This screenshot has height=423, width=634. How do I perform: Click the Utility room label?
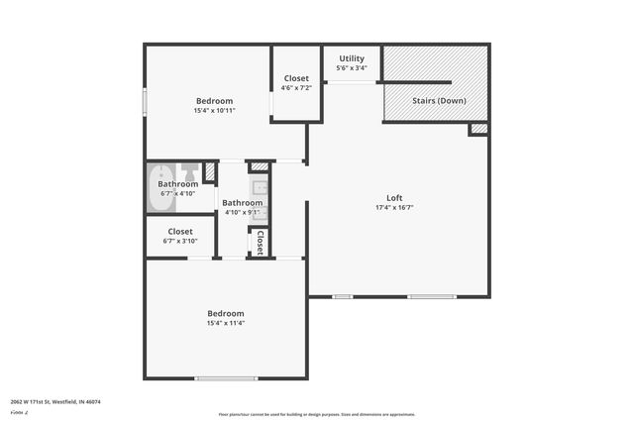pos(352,58)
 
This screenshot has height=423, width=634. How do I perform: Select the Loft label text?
pos(393,196)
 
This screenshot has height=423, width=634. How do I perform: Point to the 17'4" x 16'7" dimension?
pos(393,208)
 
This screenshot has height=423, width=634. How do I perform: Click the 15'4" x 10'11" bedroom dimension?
pos(213,112)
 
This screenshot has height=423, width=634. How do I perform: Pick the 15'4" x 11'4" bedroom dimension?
pos(225,323)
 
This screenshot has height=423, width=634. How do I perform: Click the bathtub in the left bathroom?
pos(163,185)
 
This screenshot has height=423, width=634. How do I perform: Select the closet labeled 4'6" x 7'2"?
pos(296,83)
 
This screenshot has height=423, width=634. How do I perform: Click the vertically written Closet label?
pos(260,243)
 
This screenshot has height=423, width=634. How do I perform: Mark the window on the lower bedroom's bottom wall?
pos(226,378)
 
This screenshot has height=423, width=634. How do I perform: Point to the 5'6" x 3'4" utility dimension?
pos(352,68)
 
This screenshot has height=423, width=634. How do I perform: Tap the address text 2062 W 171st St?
pos(55,402)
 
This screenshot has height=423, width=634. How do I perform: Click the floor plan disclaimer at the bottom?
pos(316,414)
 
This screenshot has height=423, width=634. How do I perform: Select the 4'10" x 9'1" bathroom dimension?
pos(242,212)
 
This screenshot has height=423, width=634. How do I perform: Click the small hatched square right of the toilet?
pos(209,171)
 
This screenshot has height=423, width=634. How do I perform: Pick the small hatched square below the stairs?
pos(478,129)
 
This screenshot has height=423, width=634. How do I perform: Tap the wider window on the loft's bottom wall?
pos(432,296)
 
